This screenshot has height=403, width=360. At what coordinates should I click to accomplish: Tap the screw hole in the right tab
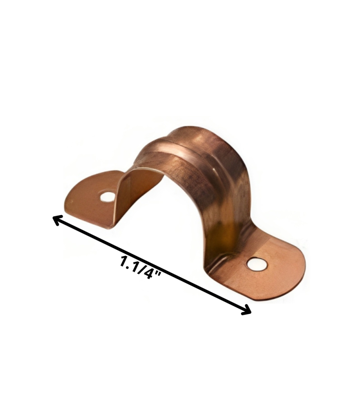click(257, 264)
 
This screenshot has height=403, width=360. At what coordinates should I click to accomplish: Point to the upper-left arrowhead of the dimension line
click(58, 220)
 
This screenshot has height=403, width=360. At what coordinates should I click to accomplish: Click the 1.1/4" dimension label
click(141, 268)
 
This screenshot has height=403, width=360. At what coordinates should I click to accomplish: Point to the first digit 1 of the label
click(124, 261)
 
